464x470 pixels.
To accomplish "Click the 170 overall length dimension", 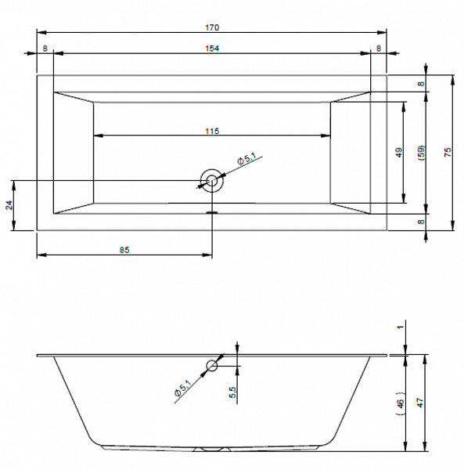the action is coord(212,27).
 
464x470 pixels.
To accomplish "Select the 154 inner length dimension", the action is coord(212,49).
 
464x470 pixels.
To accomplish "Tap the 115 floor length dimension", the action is coord(212,131).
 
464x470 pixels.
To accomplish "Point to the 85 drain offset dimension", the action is coord(124,250).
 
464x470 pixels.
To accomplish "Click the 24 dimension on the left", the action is coord(9,205).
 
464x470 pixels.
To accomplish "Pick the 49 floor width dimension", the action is coord(399,153).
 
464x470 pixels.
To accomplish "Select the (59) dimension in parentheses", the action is coord(421,153).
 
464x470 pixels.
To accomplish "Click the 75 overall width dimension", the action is coord(448,153).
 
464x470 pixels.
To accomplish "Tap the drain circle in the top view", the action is coord(212,180).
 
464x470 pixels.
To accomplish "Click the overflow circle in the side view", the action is coord(212,366).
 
